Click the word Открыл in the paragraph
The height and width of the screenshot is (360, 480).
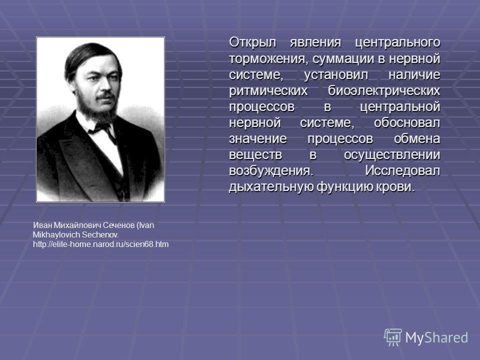pos(252,42)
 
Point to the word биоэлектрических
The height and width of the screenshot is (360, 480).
pos(384,90)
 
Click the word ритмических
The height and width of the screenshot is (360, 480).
pos(268,90)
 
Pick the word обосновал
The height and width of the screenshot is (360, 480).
pos(407,122)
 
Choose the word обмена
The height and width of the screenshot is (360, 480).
pos(417,138)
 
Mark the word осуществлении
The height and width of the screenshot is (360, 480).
pos(392,155)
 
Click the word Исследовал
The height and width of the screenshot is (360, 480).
pos(402,171)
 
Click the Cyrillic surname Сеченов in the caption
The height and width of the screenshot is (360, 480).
pos(119,225)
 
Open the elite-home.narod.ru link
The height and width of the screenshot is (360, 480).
pos(100,244)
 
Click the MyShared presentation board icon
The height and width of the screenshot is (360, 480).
pos(393,337)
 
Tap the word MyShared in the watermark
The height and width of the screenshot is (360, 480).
pos(436,337)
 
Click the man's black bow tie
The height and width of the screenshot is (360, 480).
pos(101,129)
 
